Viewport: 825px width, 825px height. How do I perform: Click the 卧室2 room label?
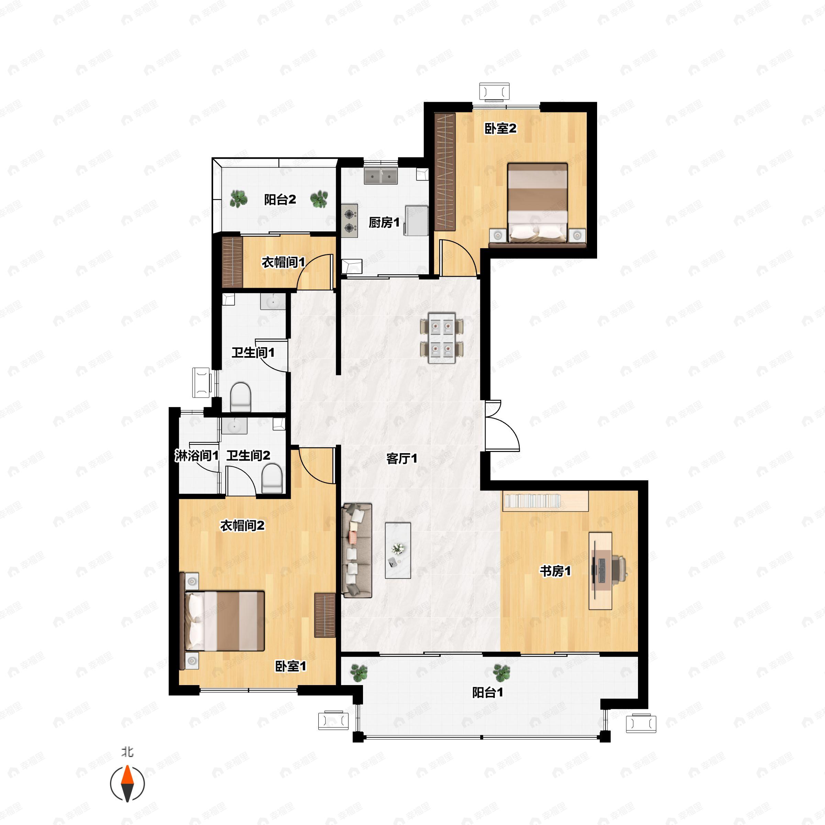click(x=500, y=128)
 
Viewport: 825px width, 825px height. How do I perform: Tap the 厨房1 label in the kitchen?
click(x=384, y=222)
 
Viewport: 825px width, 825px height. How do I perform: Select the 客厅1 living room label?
click(x=401, y=459)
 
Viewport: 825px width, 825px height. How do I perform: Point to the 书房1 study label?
click(x=555, y=571)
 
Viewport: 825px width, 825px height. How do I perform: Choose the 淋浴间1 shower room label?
click(x=196, y=455)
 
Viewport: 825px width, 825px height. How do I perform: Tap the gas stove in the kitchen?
click(x=350, y=220)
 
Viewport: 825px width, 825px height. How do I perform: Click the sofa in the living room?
click(x=357, y=550)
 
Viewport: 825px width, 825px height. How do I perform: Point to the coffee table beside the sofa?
click(x=398, y=550)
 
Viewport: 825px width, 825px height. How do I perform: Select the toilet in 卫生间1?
click(x=240, y=397)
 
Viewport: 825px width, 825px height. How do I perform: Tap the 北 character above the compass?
click(x=127, y=751)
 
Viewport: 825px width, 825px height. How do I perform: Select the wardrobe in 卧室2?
click(x=445, y=172)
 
